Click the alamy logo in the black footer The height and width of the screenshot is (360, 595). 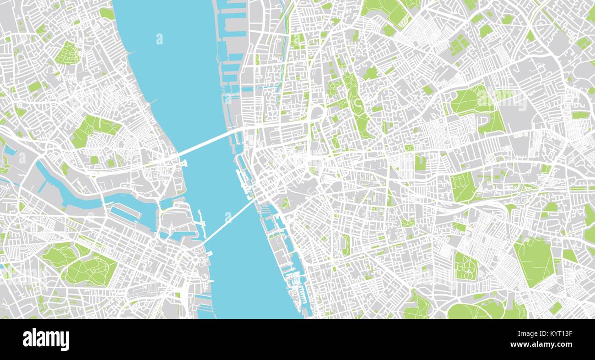[46, 339]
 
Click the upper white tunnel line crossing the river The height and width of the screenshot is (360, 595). [206, 142]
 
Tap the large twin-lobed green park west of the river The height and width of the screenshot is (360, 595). [80, 263]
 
